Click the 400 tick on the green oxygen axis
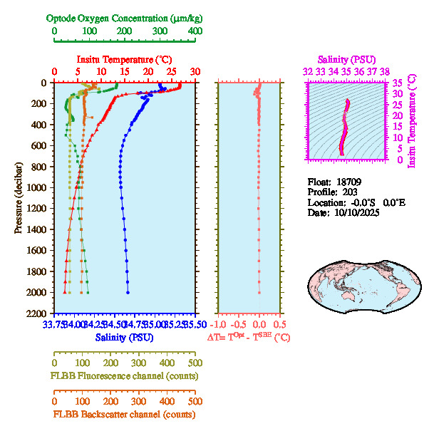pyautogui.click(x=194, y=31)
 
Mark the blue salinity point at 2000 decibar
pyautogui.click(x=128, y=292)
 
